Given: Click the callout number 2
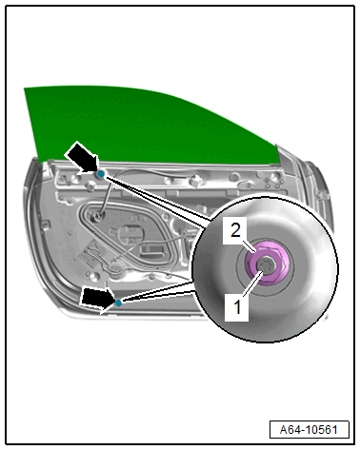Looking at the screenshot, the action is point(235,230).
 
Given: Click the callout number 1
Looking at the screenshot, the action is point(237,307).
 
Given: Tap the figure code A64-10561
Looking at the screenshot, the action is point(309,430).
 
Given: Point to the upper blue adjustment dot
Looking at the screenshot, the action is point(101,173).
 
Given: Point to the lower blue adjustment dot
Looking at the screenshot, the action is point(118,303).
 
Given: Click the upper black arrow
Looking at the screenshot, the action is point(82,157).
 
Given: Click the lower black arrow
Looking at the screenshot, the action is point(97,299).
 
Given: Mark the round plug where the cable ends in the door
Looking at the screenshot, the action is point(97,216).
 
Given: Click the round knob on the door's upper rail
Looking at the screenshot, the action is point(194,181).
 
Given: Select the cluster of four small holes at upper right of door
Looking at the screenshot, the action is point(272,183).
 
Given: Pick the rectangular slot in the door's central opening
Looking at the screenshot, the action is point(151,249).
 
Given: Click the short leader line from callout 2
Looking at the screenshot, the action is point(249,246).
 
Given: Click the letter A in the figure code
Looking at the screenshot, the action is point(284,430).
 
